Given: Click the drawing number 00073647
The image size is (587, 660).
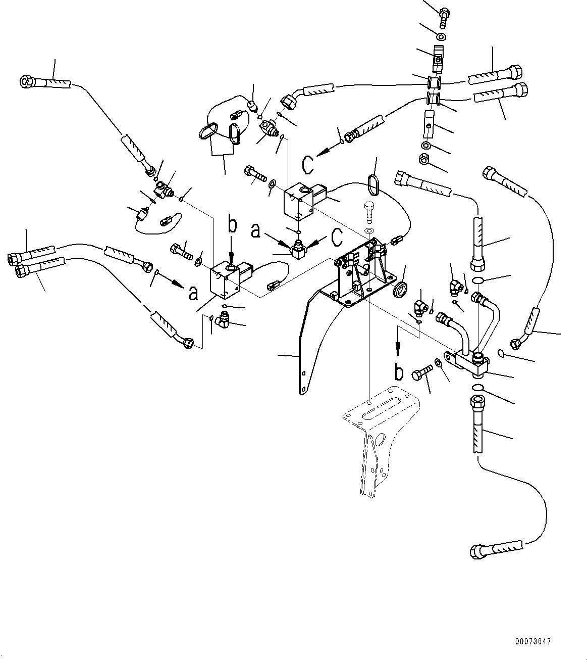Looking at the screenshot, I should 533,642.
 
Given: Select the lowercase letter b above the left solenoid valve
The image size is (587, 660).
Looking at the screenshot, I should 232,225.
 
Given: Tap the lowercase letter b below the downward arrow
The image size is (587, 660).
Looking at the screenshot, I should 399,372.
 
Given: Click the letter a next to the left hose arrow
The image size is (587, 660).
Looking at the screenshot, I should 193,293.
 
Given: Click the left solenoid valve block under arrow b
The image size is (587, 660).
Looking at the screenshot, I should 225,280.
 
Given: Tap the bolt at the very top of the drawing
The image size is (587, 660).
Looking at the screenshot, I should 444,15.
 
